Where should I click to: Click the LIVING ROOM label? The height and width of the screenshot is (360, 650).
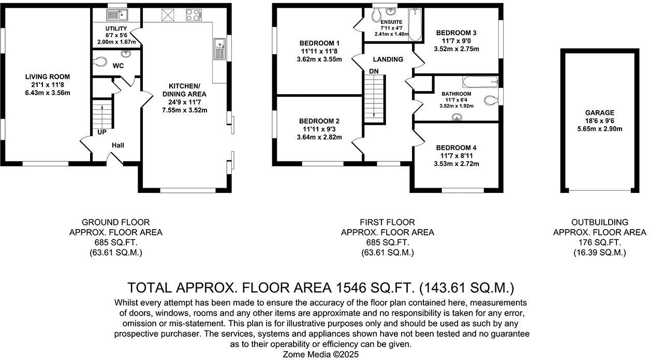(48, 77)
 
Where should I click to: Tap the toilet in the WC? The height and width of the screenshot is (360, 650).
(99, 62)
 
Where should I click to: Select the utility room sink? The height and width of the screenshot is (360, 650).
(117, 15)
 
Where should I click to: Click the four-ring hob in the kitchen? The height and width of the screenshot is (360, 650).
(194, 15)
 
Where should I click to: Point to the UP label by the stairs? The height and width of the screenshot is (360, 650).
(102, 132)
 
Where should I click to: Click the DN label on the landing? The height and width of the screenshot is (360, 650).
(374, 71)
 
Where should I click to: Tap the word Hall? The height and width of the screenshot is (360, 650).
(118, 145)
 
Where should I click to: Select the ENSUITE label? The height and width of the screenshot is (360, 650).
(391, 22)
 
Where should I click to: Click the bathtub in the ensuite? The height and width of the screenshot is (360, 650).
(415, 25)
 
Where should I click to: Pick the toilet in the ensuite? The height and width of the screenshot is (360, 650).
(376, 15)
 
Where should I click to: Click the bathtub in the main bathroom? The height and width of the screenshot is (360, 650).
(480, 82)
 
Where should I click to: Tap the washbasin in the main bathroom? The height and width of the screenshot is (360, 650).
(457, 117)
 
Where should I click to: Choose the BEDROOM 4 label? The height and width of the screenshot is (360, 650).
(456, 147)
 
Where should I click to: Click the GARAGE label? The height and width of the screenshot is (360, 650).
(599, 113)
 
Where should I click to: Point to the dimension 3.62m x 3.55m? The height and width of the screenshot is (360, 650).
(319, 59)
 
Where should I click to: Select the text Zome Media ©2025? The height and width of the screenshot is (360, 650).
(321, 354)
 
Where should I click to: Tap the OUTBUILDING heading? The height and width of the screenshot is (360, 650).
(600, 222)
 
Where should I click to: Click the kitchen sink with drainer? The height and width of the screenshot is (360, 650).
(219, 49)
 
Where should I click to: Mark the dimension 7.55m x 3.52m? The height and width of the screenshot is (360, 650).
(185, 110)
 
